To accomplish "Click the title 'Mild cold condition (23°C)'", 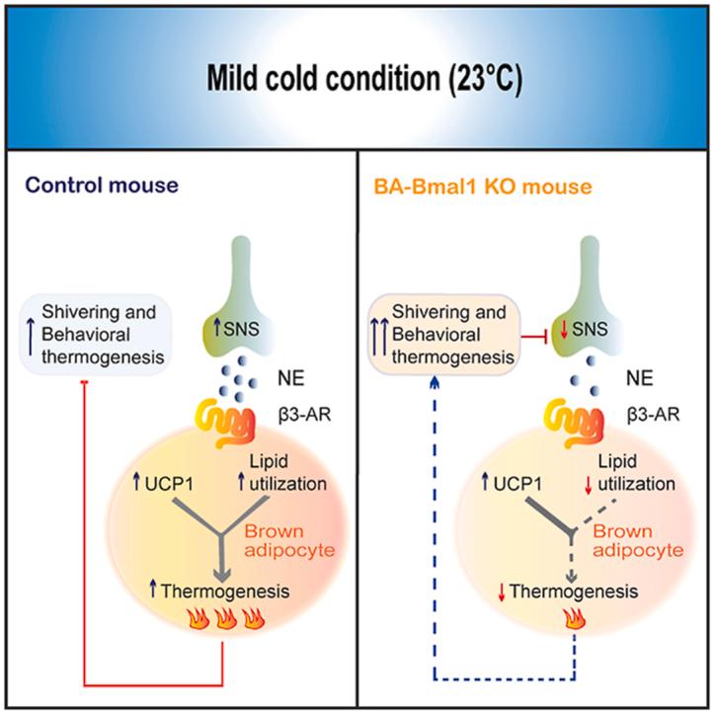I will click(x=357, y=77).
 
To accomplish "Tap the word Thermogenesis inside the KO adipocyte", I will click(x=573, y=592).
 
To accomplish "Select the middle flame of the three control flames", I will click(x=226, y=623).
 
